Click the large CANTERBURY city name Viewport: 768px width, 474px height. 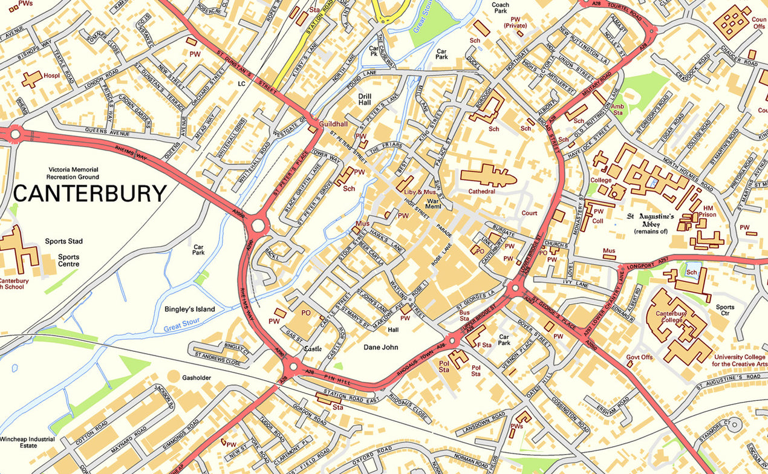click(x=89, y=193)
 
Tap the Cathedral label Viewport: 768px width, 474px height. click(x=482, y=192)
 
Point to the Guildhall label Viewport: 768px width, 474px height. click(x=333, y=123)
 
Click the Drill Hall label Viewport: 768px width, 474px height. click(x=365, y=100)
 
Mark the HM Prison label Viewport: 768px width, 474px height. click(x=709, y=211)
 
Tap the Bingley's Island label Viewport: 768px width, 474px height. click(x=189, y=310)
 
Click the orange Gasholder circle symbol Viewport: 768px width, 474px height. click(x=174, y=377)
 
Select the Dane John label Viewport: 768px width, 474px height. click(x=380, y=348)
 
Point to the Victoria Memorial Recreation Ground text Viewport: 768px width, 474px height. click(x=74, y=174)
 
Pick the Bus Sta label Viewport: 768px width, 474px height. click(x=464, y=315)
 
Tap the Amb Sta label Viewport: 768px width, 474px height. click(x=617, y=109)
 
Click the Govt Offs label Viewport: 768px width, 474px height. click(x=639, y=357)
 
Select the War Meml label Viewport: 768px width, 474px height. click(x=434, y=203)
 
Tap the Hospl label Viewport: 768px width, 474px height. click(x=51, y=76)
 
